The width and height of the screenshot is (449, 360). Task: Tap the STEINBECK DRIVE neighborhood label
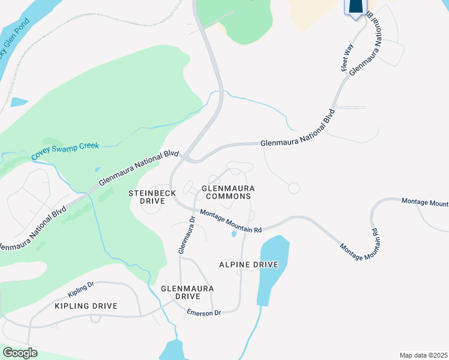pyautogui.click(x=147, y=197)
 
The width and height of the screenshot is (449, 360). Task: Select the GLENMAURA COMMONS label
pyautogui.click(x=228, y=192)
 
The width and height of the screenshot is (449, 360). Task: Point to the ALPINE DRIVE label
pyautogui.click(x=249, y=265)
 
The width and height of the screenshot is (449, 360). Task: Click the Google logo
pyautogui.click(x=20, y=353)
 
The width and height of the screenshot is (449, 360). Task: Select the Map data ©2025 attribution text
pyautogui.click(x=423, y=355)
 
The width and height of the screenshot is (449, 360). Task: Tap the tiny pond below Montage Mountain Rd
pyautogui.click(x=234, y=235)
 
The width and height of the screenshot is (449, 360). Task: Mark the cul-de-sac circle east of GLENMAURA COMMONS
pyautogui.click(x=294, y=188)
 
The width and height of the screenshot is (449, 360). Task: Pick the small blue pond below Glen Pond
pyautogui.click(x=19, y=101)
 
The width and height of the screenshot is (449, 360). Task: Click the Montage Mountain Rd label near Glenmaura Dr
pyautogui.click(x=231, y=221)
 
